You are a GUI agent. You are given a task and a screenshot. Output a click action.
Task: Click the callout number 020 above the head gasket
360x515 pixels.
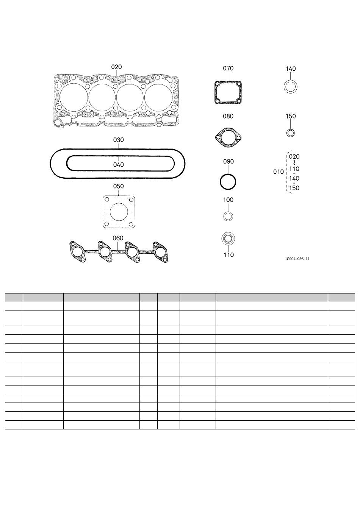116,67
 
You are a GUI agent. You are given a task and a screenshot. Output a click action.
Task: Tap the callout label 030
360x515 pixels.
119,140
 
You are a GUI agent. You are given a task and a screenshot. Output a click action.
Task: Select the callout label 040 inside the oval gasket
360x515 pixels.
119,165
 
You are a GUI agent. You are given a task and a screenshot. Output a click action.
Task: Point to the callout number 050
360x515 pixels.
119,186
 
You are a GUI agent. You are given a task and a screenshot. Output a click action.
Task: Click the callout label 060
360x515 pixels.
118,238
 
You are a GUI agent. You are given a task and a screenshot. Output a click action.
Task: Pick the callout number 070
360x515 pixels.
228,68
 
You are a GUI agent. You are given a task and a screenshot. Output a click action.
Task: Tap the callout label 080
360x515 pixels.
228,116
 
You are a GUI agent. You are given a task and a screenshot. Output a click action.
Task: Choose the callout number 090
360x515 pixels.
229,161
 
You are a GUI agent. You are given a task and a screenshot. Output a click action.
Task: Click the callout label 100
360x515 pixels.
228,200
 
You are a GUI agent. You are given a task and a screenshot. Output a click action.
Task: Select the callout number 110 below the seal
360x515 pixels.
229,255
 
